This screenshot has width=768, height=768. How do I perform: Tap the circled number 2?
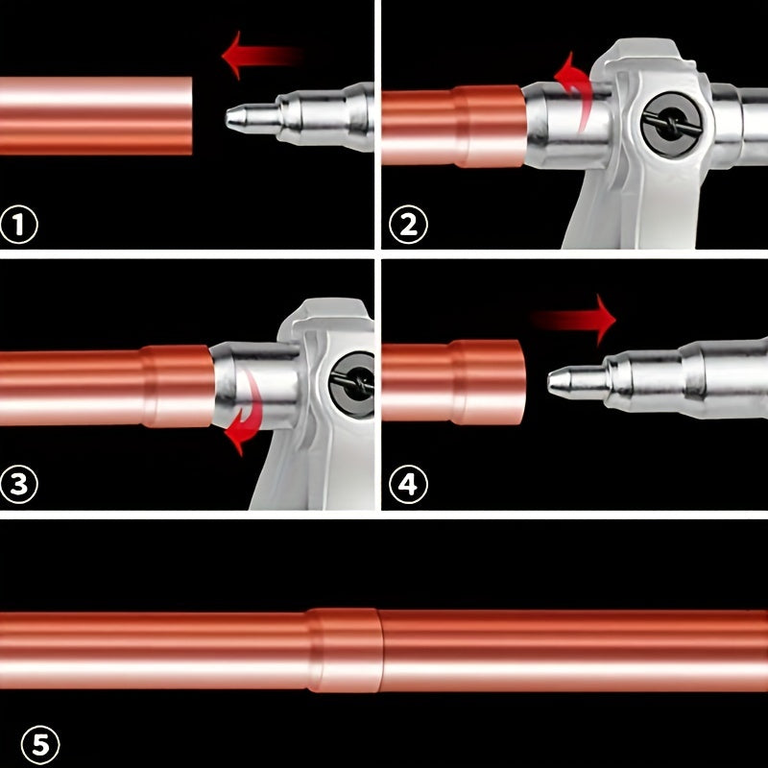click(x=407, y=226)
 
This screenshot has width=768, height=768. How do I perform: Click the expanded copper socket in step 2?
click(x=490, y=125)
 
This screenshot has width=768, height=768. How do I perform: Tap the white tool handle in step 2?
click(x=595, y=216)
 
